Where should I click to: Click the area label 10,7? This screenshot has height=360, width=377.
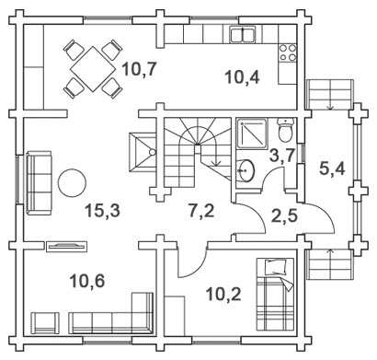(x=140, y=69)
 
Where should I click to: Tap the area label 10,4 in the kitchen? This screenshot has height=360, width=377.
(x=242, y=76)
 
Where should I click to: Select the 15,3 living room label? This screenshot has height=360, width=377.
(x=102, y=211)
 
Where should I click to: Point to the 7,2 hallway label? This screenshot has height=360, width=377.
(x=201, y=211)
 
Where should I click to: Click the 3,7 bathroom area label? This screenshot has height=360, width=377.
(x=282, y=156)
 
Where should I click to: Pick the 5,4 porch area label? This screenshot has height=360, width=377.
(x=332, y=168)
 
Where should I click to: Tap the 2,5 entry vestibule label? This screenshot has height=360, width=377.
(x=285, y=215)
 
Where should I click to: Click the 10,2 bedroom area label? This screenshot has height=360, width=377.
(x=223, y=295)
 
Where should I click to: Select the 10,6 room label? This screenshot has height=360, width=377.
(x=87, y=281)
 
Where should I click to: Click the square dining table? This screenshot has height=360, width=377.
(x=93, y=69)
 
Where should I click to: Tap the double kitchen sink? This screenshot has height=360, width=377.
(x=243, y=34)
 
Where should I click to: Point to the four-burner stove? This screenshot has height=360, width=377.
(x=288, y=52)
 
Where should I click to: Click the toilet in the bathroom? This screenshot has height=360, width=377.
(x=286, y=130)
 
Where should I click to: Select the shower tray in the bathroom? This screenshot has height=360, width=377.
(x=253, y=134)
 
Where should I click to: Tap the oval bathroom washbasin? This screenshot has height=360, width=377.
(x=246, y=169)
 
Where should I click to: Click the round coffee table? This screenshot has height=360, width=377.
(x=72, y=183)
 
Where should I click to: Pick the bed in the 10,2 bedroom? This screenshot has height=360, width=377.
(x=275, y=295)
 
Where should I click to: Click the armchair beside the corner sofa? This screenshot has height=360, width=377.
(x=46, y=323)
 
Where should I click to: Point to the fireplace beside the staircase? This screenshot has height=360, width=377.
(x=143, y=152)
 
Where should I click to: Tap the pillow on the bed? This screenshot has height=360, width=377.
(x=276, y=267)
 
